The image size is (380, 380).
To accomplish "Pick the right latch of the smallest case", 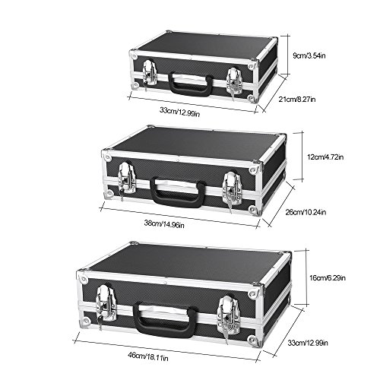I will [234, 80].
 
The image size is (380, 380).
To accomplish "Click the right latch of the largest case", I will [226, 309].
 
